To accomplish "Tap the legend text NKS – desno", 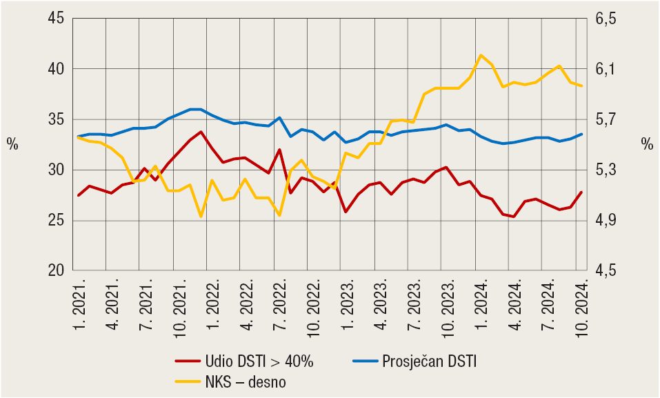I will click(x=245, y=381).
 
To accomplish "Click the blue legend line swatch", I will click(x=365, y=361).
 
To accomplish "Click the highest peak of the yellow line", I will click(x=481, y=55).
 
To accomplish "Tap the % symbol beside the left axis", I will click(x=12, y=144).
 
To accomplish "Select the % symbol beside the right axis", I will click(x=646, y=144).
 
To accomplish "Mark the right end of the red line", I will click(x=582, y=192).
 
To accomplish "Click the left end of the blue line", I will click(x=79, y=137).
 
